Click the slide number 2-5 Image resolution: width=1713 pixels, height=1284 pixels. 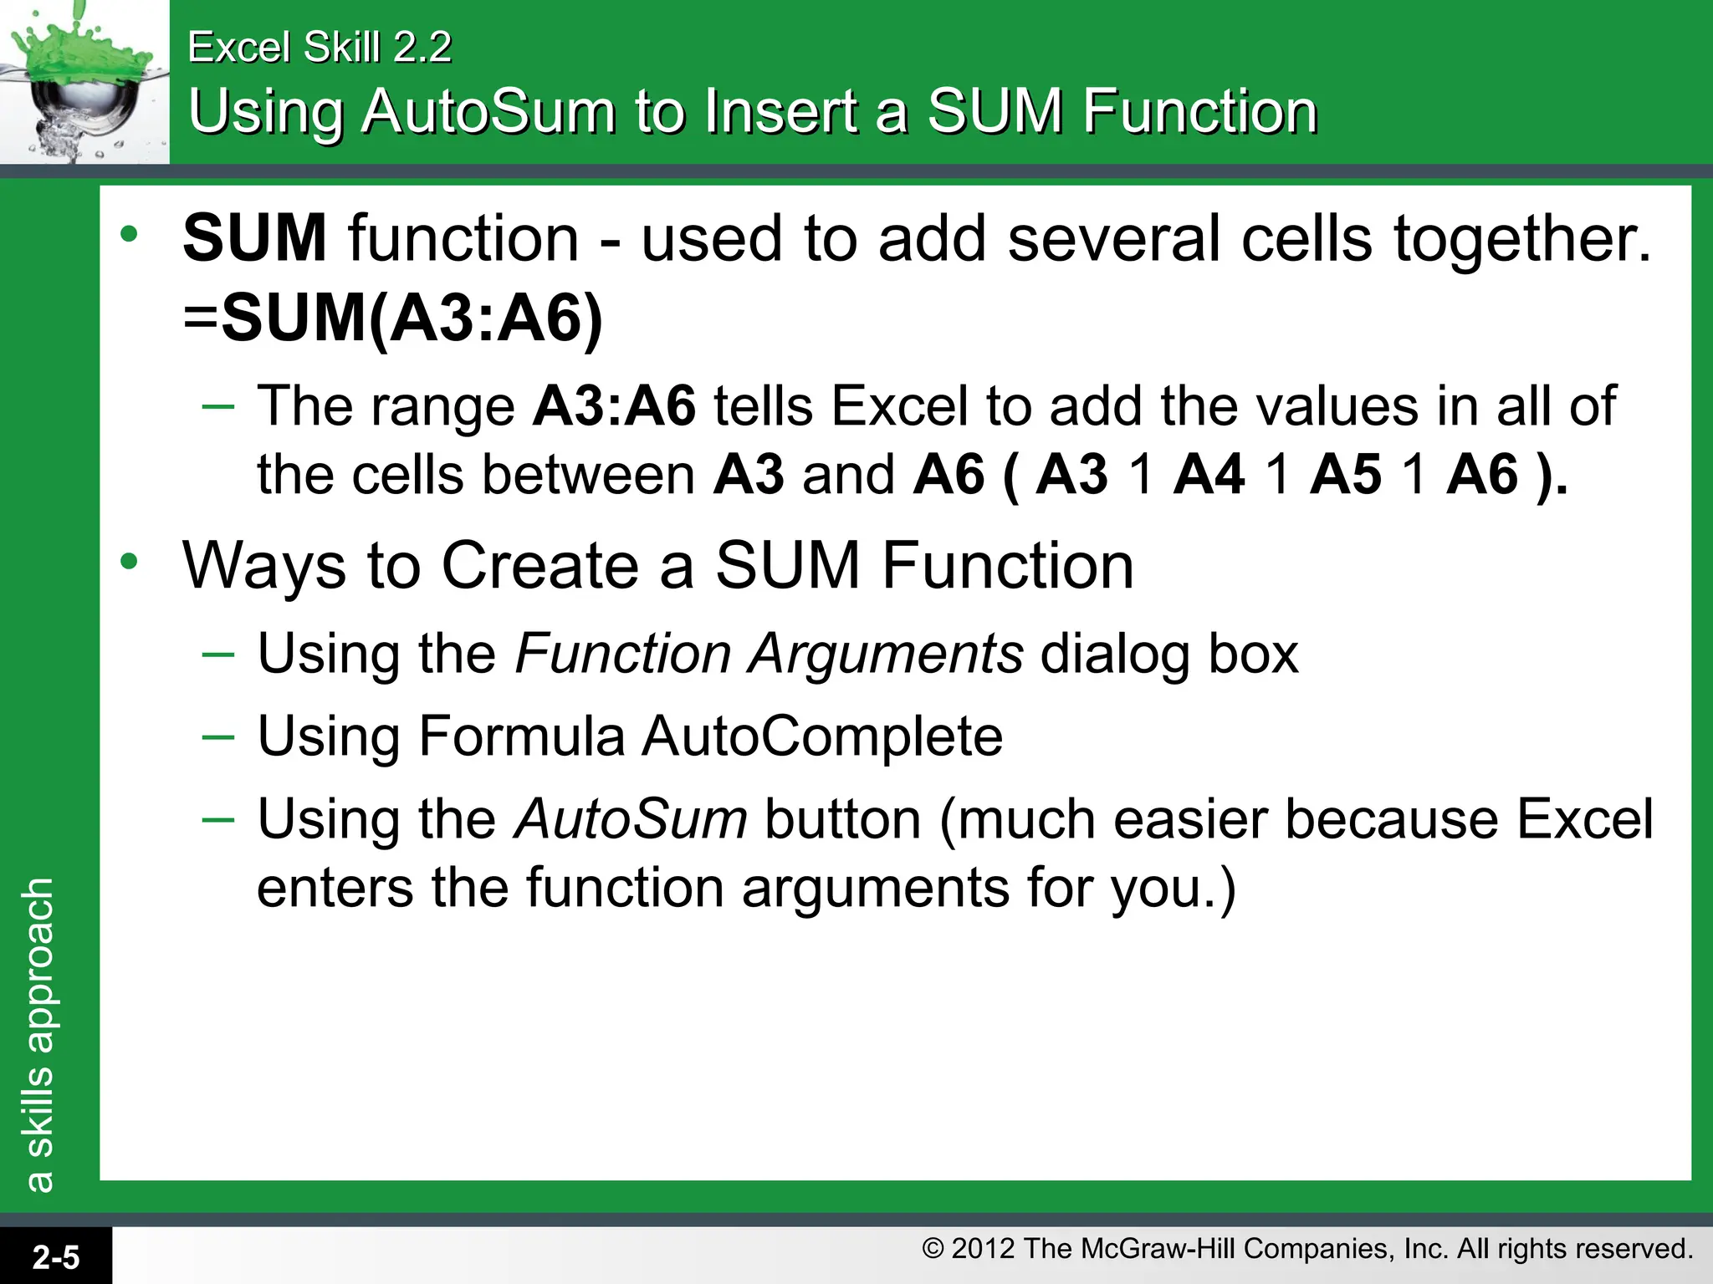coord(56,1257)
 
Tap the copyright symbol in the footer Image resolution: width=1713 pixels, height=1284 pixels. coord(933,1249)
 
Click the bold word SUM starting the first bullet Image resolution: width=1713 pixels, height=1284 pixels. coord(254,238)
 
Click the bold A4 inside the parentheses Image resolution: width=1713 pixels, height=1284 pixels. coord(1209,475)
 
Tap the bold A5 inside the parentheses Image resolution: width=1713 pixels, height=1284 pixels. coord(1345,475)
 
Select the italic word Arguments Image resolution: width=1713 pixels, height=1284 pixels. coord(886,653)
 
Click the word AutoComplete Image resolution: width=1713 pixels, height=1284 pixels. coord(822,736)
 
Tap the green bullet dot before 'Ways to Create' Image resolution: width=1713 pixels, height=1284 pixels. coord(129,562)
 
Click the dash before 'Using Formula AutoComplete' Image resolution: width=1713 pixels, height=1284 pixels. coord(218,736)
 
